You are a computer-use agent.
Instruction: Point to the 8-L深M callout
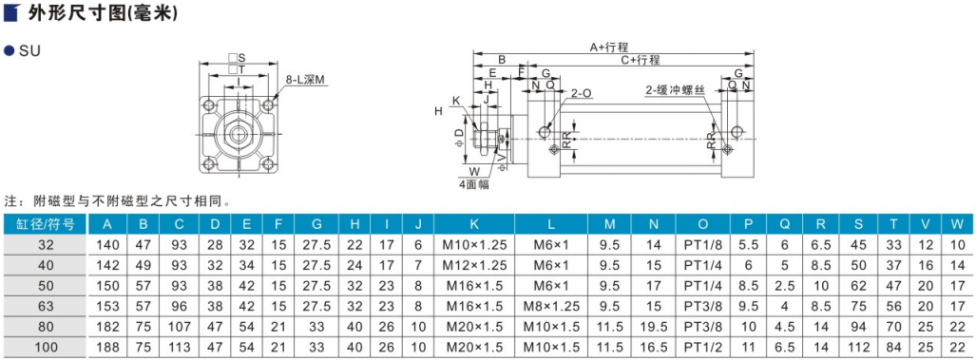pyautogui.click(x=306, y=80)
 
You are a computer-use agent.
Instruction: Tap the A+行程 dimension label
pyautogui.click(x=610, y=47)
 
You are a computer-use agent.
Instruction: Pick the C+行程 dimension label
pyautogui.click(x=640, y=60)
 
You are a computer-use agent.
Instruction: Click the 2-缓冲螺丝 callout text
pyautogui.click(x=674, y=91)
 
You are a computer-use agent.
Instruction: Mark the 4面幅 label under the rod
pyautogui.click(x=473, y=184)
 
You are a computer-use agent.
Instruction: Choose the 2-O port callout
pyautogui.click(x=581, y=93)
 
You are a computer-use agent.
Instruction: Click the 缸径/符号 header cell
pyautogui.click(x=44, y=224)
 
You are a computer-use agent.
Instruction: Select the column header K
pyautogui.click(x=475, y=224)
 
